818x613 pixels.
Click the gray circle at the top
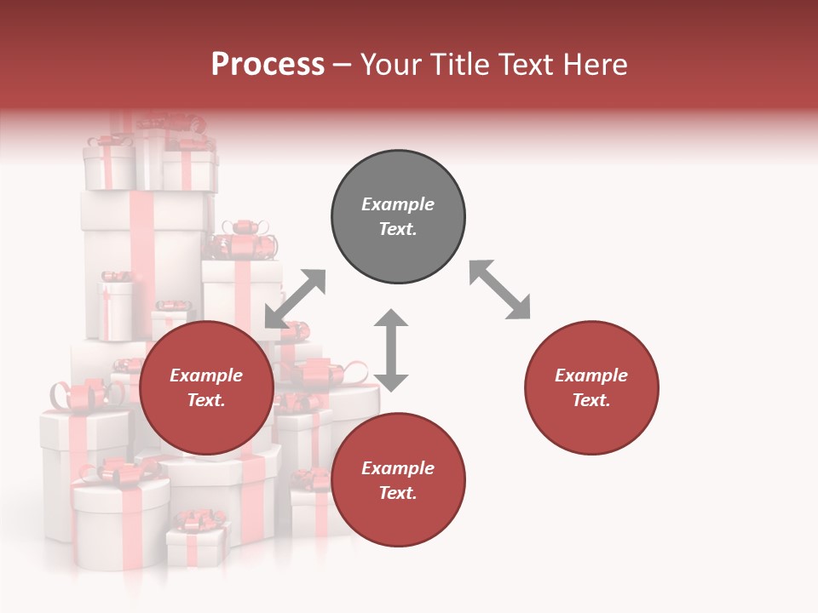tap(398, 217)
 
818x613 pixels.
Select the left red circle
tap(206, 388)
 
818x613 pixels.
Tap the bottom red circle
tap(398, 480)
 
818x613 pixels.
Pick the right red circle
tap(591, 388)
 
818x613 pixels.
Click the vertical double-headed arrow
tap(391, 350)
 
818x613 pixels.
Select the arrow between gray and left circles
tap(295, 299)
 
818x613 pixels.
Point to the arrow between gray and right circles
tap(499, 290)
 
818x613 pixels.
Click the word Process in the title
tap(268, 64)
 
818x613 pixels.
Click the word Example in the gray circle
tap(398, 204)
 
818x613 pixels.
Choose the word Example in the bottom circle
tap(398, 468)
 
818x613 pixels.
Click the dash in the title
tap(343, 65)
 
